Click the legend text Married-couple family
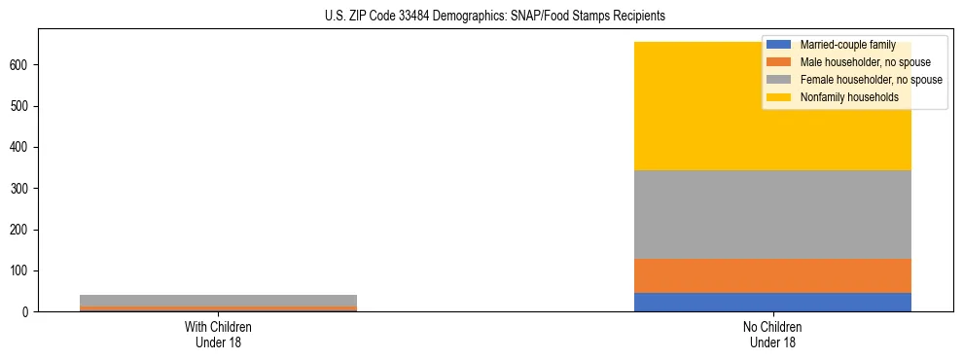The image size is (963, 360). pos(847,45)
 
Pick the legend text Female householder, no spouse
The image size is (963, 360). pos(871,80)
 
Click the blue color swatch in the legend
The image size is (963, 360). pos(779,45)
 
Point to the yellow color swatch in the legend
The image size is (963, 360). pos(779,97)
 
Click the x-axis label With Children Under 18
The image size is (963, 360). pos(218,336)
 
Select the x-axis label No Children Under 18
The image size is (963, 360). pos(772,336)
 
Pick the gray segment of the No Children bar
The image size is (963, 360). pos(772,214)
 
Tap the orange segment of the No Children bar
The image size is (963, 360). pos(772,275)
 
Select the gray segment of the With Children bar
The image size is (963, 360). pos(218,300)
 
